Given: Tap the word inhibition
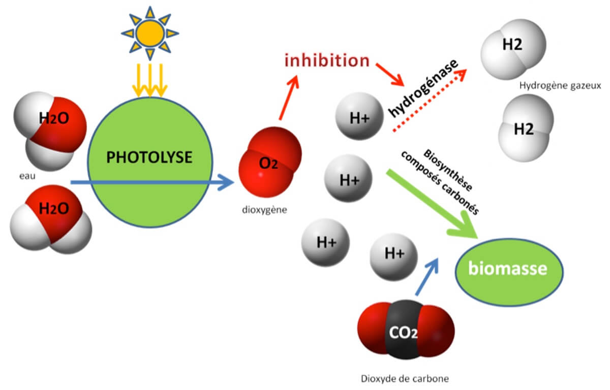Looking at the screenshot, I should (327, 60).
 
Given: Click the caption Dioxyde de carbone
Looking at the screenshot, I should (405, 378).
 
